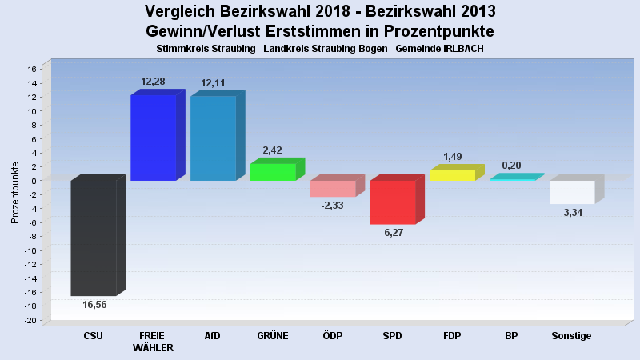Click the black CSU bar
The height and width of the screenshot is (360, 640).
pyautogui.click(x=94, y=238)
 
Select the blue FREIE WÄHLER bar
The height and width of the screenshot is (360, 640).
pyautogui.click(x=153, y=138)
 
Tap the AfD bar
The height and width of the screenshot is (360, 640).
pyautogui.click(x=213, y=138)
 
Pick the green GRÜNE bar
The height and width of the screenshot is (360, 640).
pyautogui.click(x=273, y=172)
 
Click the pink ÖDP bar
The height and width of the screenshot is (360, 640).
pyautogui.click(x=333, y=189)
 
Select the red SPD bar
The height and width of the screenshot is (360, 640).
pyautogui.click(x=393, y=202)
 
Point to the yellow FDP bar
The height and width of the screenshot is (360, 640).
pyautogui.click(x=452, y=175)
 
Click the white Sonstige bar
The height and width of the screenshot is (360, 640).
pyautogui.click(x=572, y=192)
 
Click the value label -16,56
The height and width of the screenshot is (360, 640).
pyautogui.click(x=93, y=305)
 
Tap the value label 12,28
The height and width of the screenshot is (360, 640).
pyautogui.click(x=153, y=82)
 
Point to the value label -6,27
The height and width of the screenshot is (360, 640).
pyautogui.click(x=393, y=233)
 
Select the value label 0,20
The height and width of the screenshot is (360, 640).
pyautogui.click(x=511, y=165)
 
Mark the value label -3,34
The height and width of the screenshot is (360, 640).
pyautogui.click(x=571, y=213)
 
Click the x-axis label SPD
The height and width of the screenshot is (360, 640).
pyautogui.click(x=392, y=336)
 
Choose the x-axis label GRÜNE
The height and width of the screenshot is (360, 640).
pyautogui.click(x=273, y=336)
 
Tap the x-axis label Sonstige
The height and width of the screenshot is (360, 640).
pyautogui.click(x=571, y=336)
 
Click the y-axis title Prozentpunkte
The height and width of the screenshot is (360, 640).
pyautogui.click(x=15, y=193)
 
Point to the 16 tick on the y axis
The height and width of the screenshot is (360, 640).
pyautogui.click(x=33, y=70)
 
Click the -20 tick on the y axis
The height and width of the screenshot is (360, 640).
pyautogui.click(x=30, y=321)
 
